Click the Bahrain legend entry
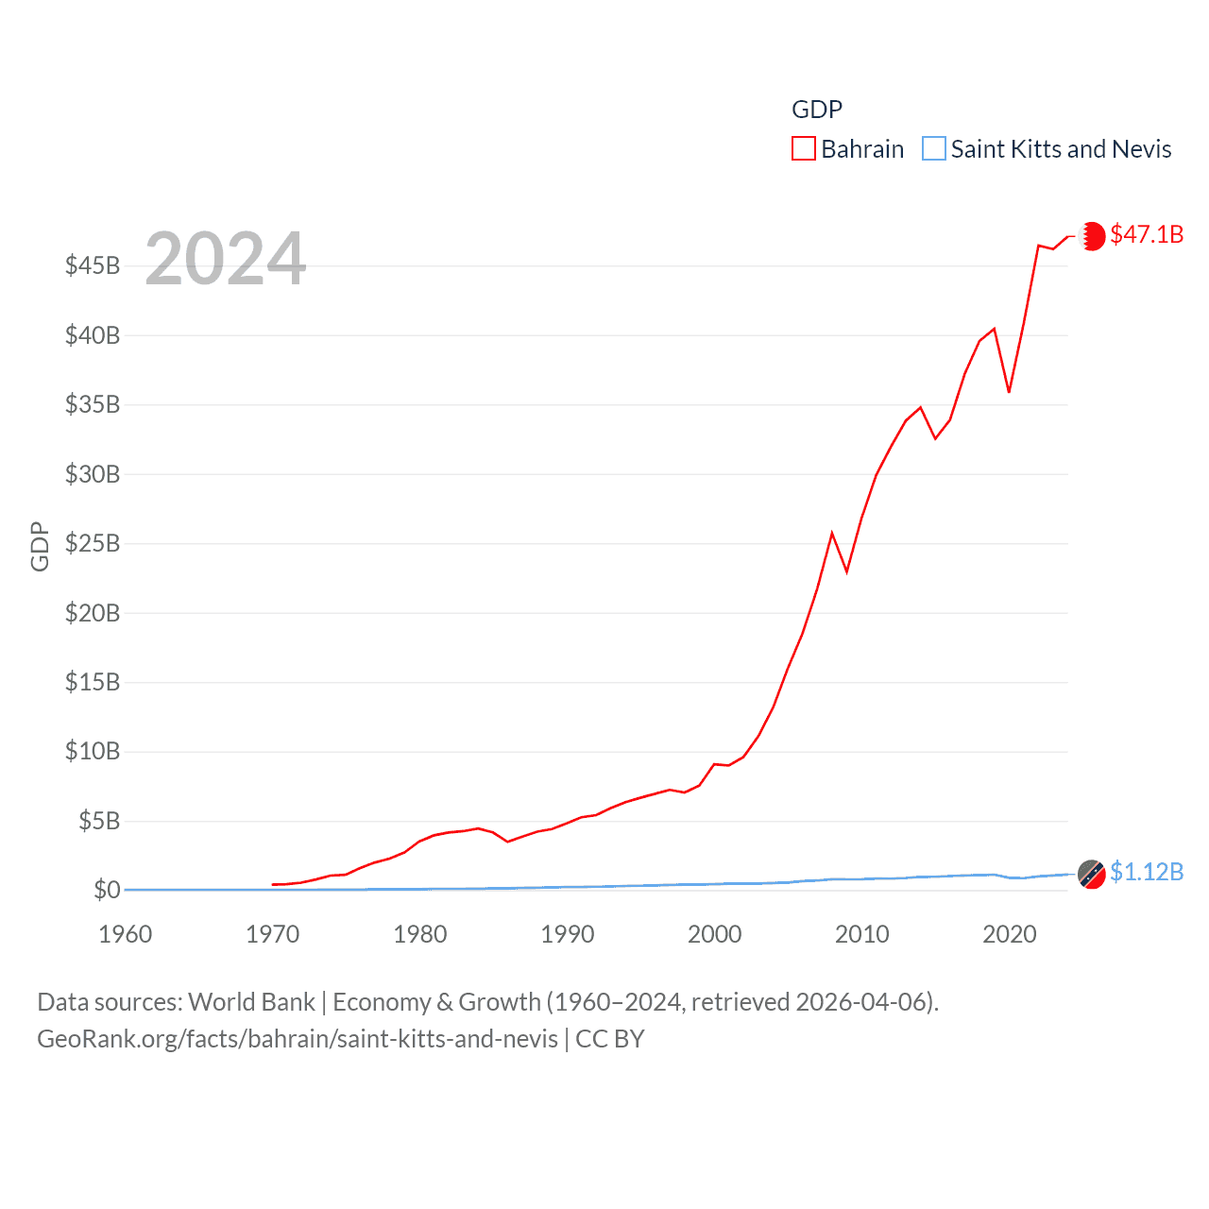[848, 149]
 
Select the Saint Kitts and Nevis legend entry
[1047, 149]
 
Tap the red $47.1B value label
[1147, 234]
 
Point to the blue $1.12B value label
[1147, 872]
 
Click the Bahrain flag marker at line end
[1092, 236]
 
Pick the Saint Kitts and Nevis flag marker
[1092, 875]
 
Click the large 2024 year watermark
[225, 258]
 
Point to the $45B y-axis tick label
[93, 265]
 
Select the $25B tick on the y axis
[93, 543]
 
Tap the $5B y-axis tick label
[99, 821]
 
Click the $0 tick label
[107, 890]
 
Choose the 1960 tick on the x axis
[126, 934]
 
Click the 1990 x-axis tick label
[568, 934]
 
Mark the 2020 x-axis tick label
[1010, 934]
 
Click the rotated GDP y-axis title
[40, 546]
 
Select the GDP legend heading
[817, 110]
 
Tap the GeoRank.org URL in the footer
[298, 1039]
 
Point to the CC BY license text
[610, 1039]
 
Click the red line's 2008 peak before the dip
[832, 534]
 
